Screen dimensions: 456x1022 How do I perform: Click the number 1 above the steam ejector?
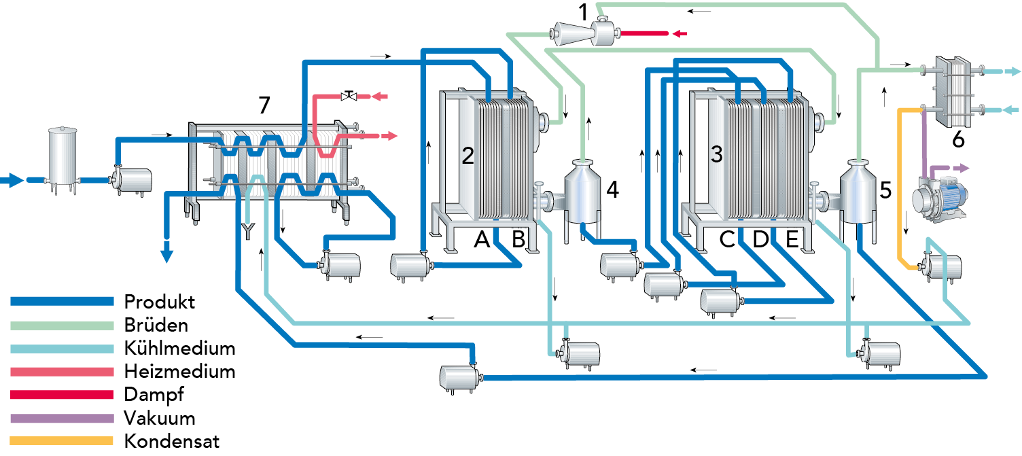pos(582,11)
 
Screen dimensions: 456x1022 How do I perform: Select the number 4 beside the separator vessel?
pos(612,190)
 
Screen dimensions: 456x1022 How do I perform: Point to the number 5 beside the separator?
pos(885,190)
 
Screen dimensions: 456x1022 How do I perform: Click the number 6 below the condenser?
pos(958,140)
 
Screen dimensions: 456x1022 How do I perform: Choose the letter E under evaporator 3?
pos(792,239)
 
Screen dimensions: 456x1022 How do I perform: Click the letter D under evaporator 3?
pos(760,239)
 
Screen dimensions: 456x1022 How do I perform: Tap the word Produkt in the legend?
pos(160,301)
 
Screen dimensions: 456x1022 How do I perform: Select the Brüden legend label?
pos(156,325)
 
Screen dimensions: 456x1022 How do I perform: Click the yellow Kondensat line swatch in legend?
pos(62,441)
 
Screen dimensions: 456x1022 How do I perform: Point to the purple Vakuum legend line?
pos(62,418)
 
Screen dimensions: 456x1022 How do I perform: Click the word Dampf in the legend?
pos(154,394)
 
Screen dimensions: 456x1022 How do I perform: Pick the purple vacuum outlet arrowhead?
pos(964,167)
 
